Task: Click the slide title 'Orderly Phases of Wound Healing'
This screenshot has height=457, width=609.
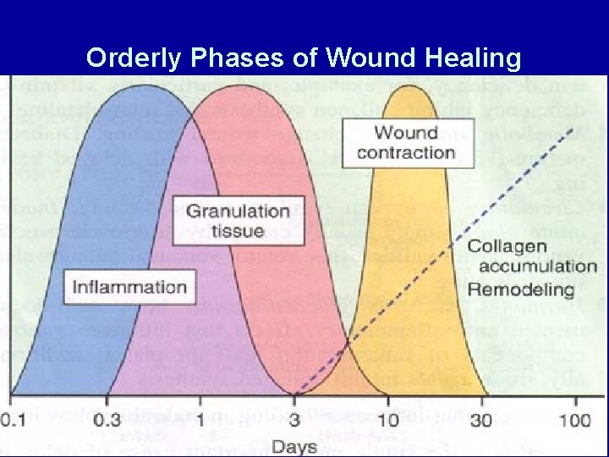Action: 304,58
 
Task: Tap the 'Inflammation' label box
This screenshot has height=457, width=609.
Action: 129,286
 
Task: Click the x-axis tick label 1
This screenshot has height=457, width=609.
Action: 200,420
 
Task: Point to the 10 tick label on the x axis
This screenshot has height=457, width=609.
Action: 389,420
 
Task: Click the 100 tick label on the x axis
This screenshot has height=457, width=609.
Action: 579,420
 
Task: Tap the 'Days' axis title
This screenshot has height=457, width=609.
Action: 295,445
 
